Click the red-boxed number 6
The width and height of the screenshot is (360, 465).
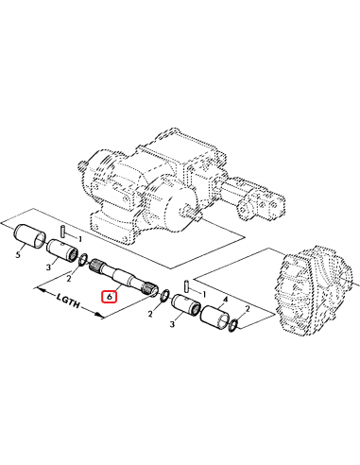tap(110, 297)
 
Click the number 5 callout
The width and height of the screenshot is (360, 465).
tap(18, 253)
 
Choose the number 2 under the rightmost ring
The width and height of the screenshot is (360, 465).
tap(247, 309)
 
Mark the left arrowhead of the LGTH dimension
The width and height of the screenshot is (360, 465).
tap(37, 293)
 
